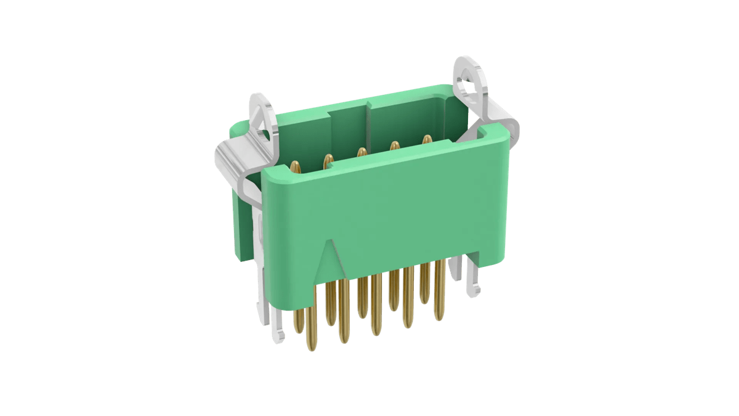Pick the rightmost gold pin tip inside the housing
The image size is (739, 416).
pyautogui.click(x=426, y=139)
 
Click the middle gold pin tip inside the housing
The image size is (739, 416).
pyautogui.click(x=361, y=152)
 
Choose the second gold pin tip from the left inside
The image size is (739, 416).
pyautogui.click(x=328, y=159)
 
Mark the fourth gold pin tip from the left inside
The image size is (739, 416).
pyautogui.click(x=394, y=146)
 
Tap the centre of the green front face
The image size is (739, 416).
pyautogui.click(x=394, y=216)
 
